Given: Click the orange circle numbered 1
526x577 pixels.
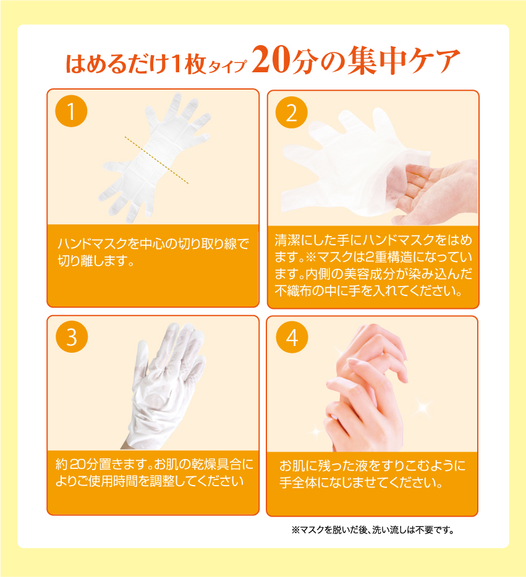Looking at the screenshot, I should (71, 111).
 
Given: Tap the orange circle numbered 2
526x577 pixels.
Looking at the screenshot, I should (292, 112).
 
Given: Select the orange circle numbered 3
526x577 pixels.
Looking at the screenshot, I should (71, 337).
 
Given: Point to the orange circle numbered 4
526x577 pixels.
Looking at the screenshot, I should (292, 337).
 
